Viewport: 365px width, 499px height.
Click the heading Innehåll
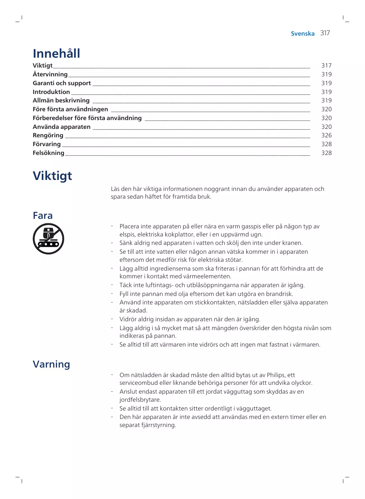[56, 54]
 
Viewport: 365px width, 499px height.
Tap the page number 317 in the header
[325, 33]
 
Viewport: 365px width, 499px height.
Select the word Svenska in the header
[303, 34]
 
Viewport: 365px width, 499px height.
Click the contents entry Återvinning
[50, 75]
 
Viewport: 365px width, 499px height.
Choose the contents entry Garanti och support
[62, 83]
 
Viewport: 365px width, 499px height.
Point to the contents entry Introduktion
[51, 92]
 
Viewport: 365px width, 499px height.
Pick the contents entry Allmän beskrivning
[61, 101]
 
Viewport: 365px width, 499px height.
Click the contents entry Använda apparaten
[61, 127]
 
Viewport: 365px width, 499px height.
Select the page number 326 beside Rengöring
[326, 135]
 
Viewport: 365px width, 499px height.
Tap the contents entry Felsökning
[49, 153]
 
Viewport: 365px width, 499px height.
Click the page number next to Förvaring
[326, 144]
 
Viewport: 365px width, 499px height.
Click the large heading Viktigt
[52, 176]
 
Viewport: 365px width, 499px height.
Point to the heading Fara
[43, 216]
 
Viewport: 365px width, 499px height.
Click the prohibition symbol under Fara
[49, 239]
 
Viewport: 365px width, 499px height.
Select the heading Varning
[51, 364]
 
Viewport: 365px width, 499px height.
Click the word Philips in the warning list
[276, 375]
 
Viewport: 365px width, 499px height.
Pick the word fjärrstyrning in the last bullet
[158, 425]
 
